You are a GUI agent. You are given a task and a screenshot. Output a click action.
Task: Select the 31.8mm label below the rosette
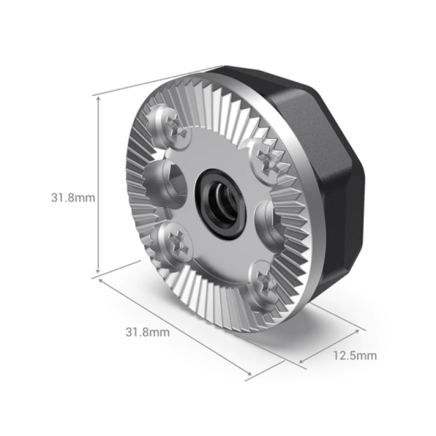[x=148, y=331]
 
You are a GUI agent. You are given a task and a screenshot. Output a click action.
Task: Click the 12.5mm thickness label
[x=355, y=356]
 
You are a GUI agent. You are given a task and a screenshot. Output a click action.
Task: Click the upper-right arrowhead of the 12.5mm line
[x=362, y=329]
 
